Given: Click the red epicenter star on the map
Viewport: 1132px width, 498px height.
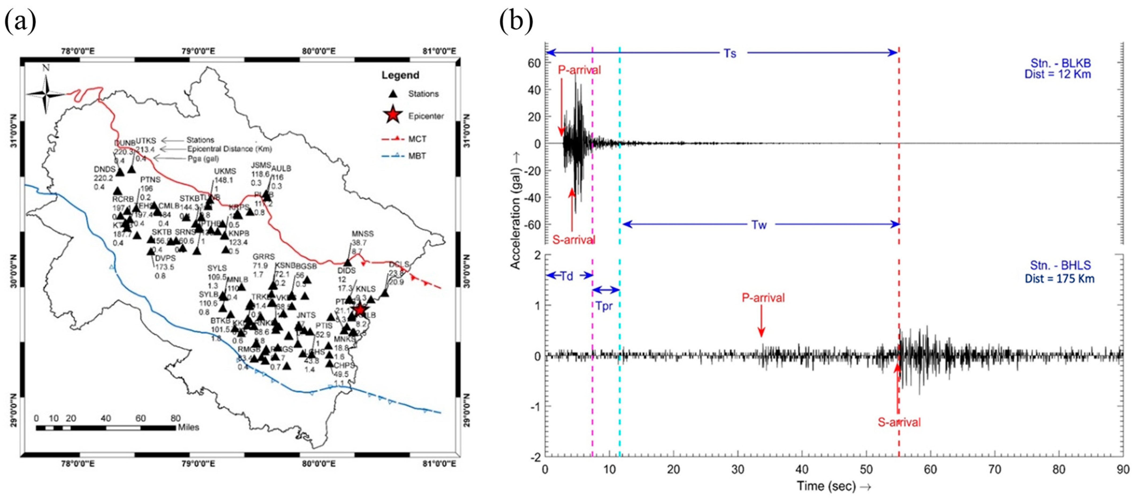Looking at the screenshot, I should coord(360,310).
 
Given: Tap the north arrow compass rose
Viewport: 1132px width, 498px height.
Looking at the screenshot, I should coord(46,94).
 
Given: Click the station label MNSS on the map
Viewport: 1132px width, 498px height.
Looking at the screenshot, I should coord(363,233).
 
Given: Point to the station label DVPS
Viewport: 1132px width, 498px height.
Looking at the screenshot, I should coord(165,258).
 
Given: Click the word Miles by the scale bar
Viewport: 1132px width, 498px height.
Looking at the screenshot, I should coord(188,427).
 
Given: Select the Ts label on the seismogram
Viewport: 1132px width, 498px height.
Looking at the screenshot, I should coord(730,53).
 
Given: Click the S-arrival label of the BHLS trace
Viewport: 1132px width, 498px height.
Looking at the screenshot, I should coord(899,422).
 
